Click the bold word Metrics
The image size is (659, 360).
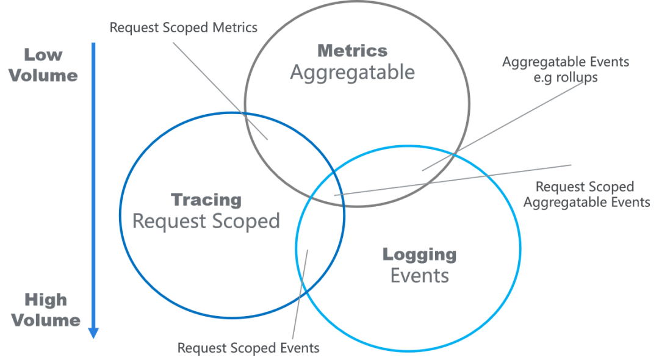click(352, 51)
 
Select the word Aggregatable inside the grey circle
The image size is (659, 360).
click(352, 73)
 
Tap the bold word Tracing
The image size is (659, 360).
click(206, 200)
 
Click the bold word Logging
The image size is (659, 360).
click(419, 254)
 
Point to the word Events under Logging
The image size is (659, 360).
click(419, 276)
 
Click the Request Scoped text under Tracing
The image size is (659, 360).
click(206, 221)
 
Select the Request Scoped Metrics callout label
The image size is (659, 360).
click(183, 27)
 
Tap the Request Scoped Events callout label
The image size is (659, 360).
click(248, 348)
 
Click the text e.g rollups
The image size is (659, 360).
click(565, 77)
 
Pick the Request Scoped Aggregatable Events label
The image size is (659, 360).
click(586, 194)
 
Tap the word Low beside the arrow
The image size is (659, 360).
click(43, 56)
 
